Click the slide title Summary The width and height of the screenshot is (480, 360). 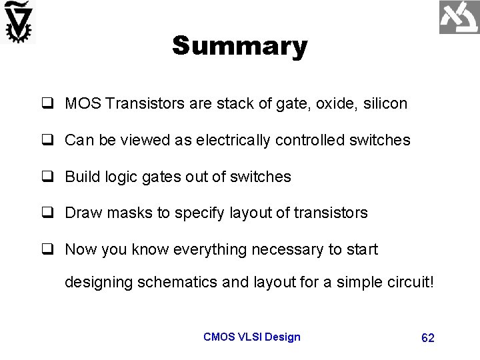239,47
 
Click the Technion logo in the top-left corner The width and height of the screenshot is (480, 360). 19,23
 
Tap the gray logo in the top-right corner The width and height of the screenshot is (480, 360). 459,18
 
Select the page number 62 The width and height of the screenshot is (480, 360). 428,338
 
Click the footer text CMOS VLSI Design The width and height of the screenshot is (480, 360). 251,337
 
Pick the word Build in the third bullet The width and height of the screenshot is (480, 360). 81,177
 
